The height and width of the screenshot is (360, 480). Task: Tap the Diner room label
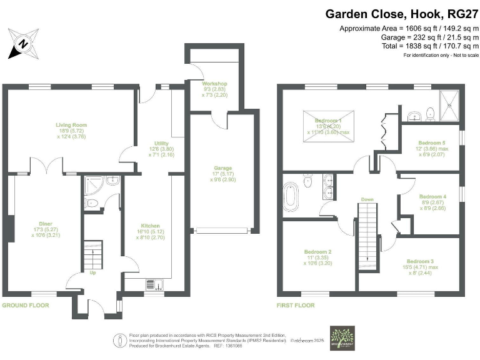click(x=44, y=223)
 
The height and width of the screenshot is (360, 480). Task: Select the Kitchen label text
click(x=150, y=226)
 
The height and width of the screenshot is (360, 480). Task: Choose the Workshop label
click(x=214, y=84)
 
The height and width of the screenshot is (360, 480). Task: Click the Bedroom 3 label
click(x=420, y=261)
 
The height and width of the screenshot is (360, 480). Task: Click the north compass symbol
click(x=23, y=43)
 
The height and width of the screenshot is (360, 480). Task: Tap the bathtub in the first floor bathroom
click(x=291, y=196)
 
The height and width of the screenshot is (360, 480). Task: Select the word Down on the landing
click(x=367, y=201)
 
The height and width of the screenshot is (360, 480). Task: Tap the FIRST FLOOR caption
click(x=296, y=306)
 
